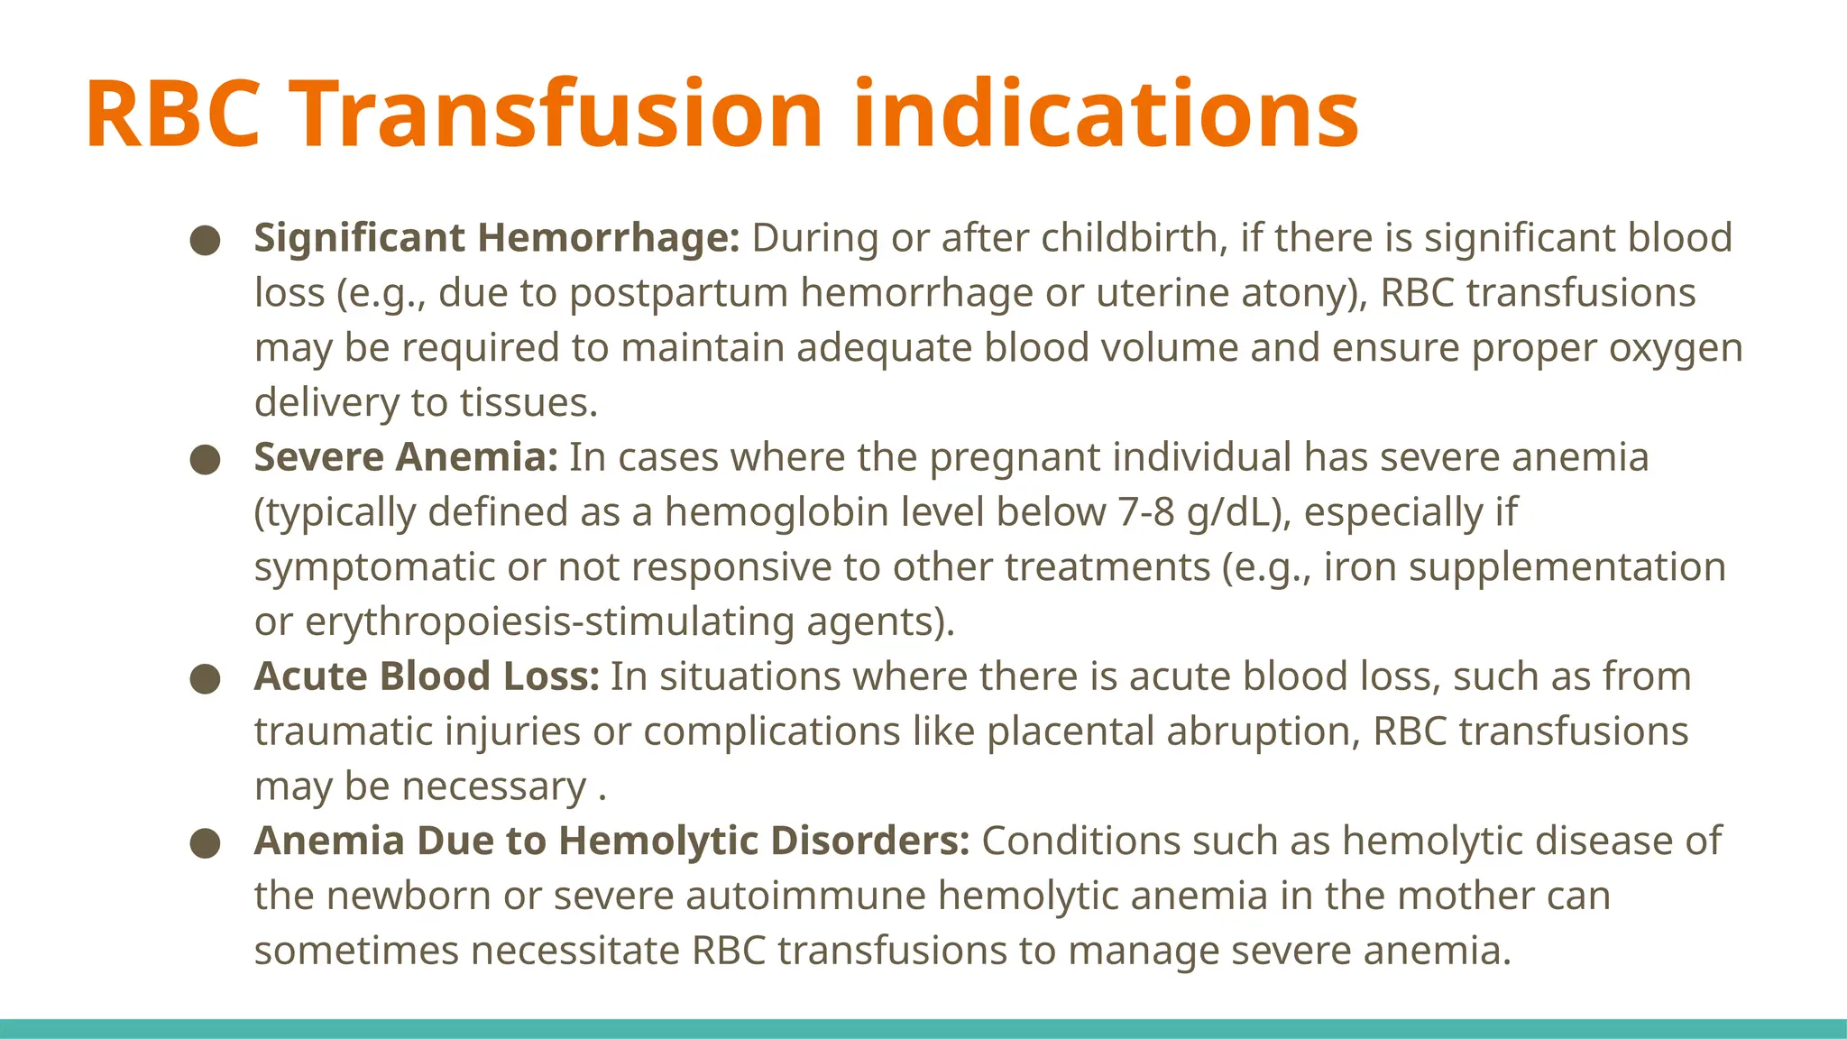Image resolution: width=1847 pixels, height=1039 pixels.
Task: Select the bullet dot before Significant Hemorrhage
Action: click(206, 240)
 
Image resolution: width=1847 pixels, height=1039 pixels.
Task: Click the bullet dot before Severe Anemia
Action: click(206, 459)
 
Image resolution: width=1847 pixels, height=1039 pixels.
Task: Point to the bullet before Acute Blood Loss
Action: click(206, 678)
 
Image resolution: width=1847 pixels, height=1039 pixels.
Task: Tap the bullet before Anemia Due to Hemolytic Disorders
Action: click(206, 843)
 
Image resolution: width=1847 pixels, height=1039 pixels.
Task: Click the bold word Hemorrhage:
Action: click(609, 238)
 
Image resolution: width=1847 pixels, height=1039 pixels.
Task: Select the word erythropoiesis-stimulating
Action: click(551, 622)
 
